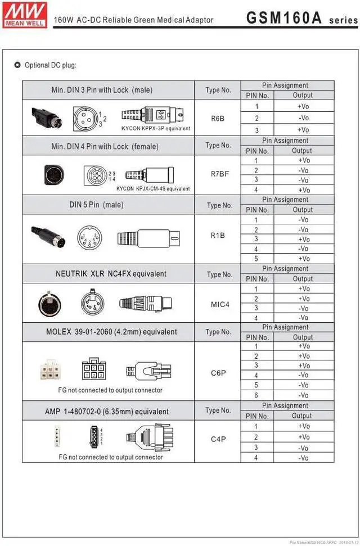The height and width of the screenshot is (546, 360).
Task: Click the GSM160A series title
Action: (x=301, y=18)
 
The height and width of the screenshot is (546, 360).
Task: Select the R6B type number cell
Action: (x=218, y=119)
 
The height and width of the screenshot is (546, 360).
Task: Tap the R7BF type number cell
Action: (x=219, y=174)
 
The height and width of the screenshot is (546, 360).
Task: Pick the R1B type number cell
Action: (x=218, y=235)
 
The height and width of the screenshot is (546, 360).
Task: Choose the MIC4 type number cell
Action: (x=220, y=304)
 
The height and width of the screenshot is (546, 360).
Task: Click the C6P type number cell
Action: (x=218, y=373)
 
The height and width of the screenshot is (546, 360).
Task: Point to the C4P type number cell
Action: (x=218, y=439)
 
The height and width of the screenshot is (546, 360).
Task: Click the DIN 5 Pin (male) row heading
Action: (x=96, y=205)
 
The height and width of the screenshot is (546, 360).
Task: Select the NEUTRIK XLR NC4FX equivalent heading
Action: (x=111, y=274)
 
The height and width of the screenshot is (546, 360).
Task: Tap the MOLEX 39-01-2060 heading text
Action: (x=111, y=332)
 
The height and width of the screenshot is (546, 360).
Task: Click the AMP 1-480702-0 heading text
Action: (x=107, y=412)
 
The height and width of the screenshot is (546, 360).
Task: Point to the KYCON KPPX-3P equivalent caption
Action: (x=156, y=128)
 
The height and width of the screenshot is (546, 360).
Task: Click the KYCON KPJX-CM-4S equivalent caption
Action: (x=153, y=188)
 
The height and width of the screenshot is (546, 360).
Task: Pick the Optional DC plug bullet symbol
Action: (x=17, y=65)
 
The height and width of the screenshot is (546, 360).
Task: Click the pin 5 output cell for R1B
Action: (x=303, y=259)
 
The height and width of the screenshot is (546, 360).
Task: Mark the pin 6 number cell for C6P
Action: (x=256, y=395)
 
